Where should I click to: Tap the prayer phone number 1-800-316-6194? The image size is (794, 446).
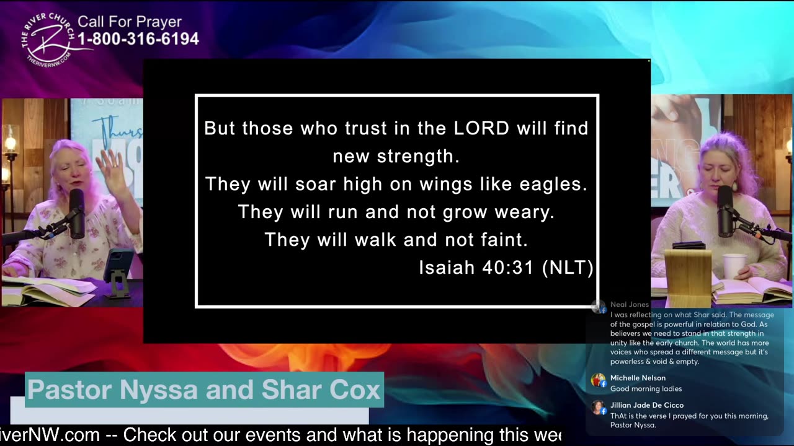[x=138, y=39]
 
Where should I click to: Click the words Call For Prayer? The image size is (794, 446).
[x=129, y=22]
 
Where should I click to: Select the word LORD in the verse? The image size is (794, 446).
[x=481, y=128]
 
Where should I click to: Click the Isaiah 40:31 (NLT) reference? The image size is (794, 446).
[x=506, y=268]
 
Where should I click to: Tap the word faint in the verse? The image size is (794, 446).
[x=504, y=240]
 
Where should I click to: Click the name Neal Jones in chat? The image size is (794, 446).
[x=629, y=305]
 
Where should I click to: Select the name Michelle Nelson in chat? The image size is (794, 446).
[x=638, y=378]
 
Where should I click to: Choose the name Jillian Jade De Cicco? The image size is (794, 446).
[x=646, y=405]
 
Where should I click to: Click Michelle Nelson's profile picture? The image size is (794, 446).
[x=598, y=380]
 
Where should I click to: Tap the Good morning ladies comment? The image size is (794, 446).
[x=646, y=389]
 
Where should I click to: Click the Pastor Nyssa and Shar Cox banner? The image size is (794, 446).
[x=203, y=390]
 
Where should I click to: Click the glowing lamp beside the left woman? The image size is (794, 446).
[x=9, y=144]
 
